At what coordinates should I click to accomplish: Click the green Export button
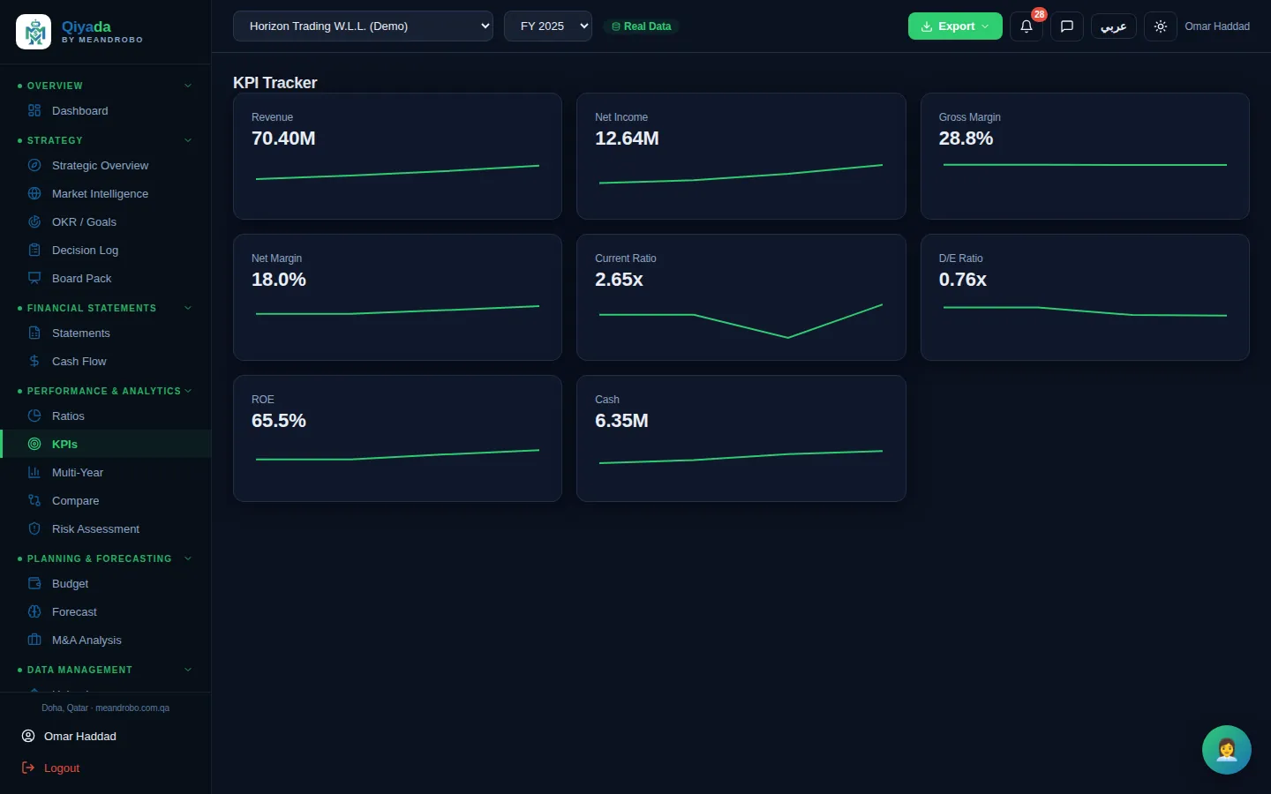coord(955,26)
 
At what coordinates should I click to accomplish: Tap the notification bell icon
coord(1026,26)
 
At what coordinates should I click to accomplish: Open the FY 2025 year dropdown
coord(547,26)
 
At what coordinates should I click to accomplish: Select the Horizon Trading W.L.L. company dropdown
coord(363,26)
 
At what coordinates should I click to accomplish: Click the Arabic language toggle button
coord(1113,26)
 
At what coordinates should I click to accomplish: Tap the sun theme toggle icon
coord(1161,26)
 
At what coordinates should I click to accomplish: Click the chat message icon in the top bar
coord(1067,26)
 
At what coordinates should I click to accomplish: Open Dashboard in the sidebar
coord(79,110)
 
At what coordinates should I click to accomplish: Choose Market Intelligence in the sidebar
coord(100,193)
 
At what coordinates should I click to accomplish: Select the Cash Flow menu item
coord(79,362)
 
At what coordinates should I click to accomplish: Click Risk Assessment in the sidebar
coord(95,528)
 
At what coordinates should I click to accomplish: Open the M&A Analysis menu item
coord(86,640)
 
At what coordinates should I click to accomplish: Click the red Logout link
coord(61,768)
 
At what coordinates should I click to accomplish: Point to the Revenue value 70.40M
coord(283,138)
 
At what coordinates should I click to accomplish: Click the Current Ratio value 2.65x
coord(619,279)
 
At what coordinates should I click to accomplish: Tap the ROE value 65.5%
coord(279,420)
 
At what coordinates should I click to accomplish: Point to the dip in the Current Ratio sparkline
coord(787,337)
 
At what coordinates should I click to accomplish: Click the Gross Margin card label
coord(969,116)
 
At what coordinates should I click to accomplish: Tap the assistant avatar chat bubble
coord(1226,750)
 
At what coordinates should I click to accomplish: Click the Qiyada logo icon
coord(34,32)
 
